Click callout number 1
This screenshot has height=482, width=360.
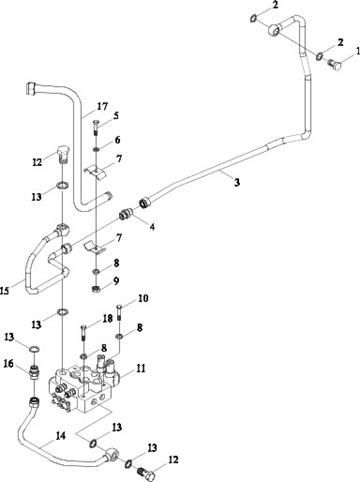click(x=358, y=51)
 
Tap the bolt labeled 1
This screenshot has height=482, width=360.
click(x=334, y=64)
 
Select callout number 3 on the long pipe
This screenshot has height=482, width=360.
click(x=237, y=182)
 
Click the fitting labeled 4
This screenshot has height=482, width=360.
click(x=126, y=213)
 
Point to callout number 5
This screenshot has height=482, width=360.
click(x=116, y=116)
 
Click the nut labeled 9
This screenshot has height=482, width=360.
click(x=96, y=289)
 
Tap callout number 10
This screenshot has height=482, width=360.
click(x=143, y=298)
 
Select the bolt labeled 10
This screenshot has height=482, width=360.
click(x=119, y=313)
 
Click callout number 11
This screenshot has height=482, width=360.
click(x=141, y=369)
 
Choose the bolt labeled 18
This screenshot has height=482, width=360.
click(x=84, y=333)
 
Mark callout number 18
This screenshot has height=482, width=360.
click(x=108, y=318)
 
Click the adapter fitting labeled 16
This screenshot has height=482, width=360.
click(x=34, y=373)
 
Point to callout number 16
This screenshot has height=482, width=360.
click(x=8, y=363)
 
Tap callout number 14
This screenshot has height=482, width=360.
click(x=61, y=436)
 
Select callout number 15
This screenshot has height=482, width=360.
click(x=4, y=291)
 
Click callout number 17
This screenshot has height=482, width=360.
click(x=102, y=106)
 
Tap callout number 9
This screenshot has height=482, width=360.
click(x=116, y=281)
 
